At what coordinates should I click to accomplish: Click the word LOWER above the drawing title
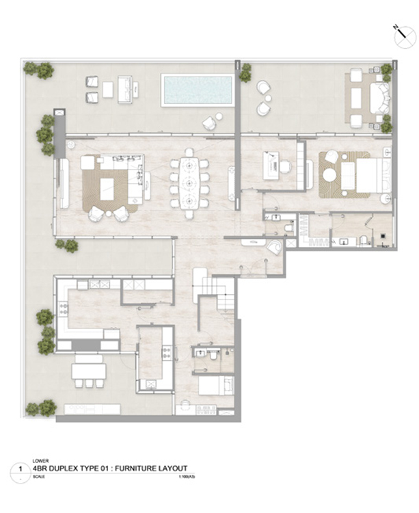(x=40, y=461)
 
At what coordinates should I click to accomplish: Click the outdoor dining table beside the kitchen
(x=90, y=371)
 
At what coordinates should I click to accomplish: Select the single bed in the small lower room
(x=215, y=388)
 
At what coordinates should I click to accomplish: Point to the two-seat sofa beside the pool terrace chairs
(x=126, y=90)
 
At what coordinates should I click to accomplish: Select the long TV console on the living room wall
(x=64, y=183)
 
